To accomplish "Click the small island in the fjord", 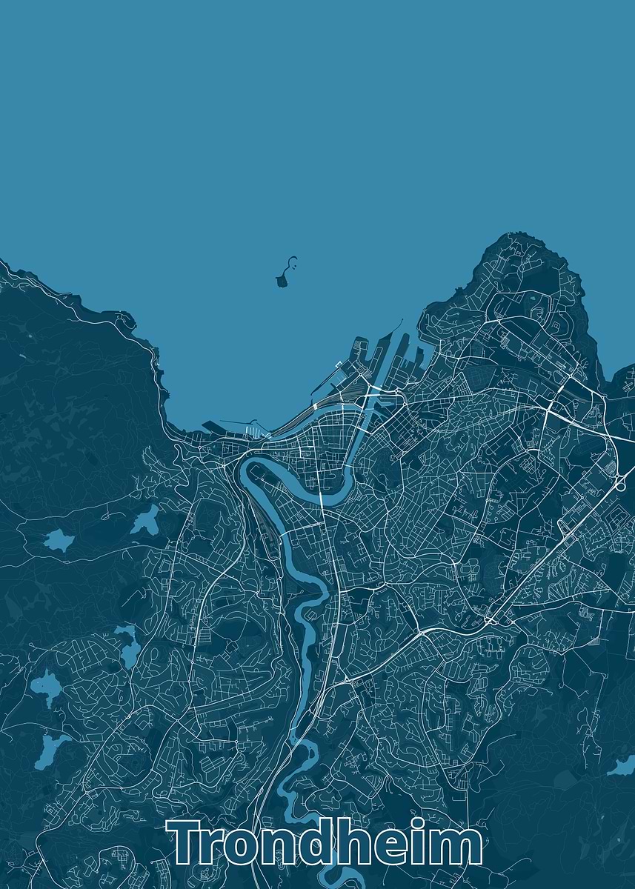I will pyautogui.click(x=283, y=279).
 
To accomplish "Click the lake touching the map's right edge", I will pyautogui.click(x=622, y=767).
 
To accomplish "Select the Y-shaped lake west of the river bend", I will pyautogui.click(x=145, y=519).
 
